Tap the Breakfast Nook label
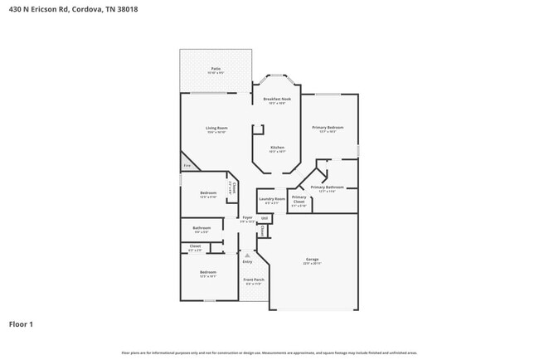[x=277, y=99]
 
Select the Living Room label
[x=216, y=128]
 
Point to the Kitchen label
[x=277, y=148]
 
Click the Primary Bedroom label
[x=328, y=127]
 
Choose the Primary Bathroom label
[x=332, y=188]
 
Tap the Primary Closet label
[x=299, y=199]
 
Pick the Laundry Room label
[x=271, y=199]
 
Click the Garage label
[x=312, y=260]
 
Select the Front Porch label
[x=253, y=280]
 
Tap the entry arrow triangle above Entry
[x=246, y=255]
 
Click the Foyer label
[x=247, y=217]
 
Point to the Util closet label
[x=265, y=218]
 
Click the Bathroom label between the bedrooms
[x=202, y=228]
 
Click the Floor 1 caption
[x=22, y=324]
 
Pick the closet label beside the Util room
[x=264, y=230]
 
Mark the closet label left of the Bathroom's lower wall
[x=195, y=246]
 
